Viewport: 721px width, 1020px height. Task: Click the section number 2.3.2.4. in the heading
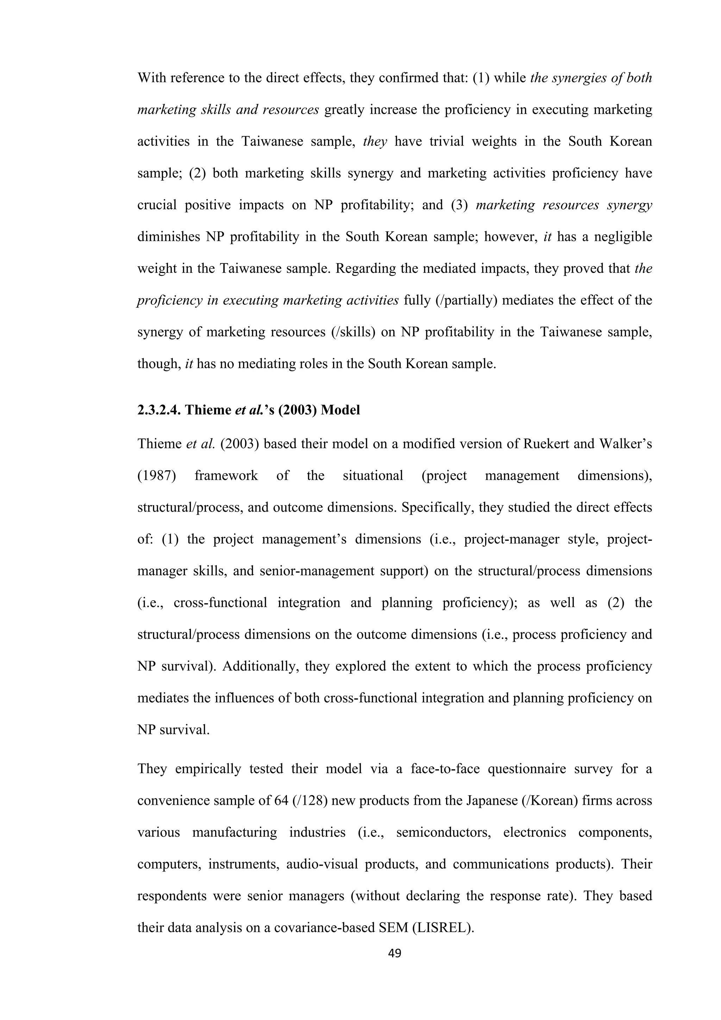(159, 410)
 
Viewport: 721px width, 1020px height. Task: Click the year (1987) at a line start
(156, 476)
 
